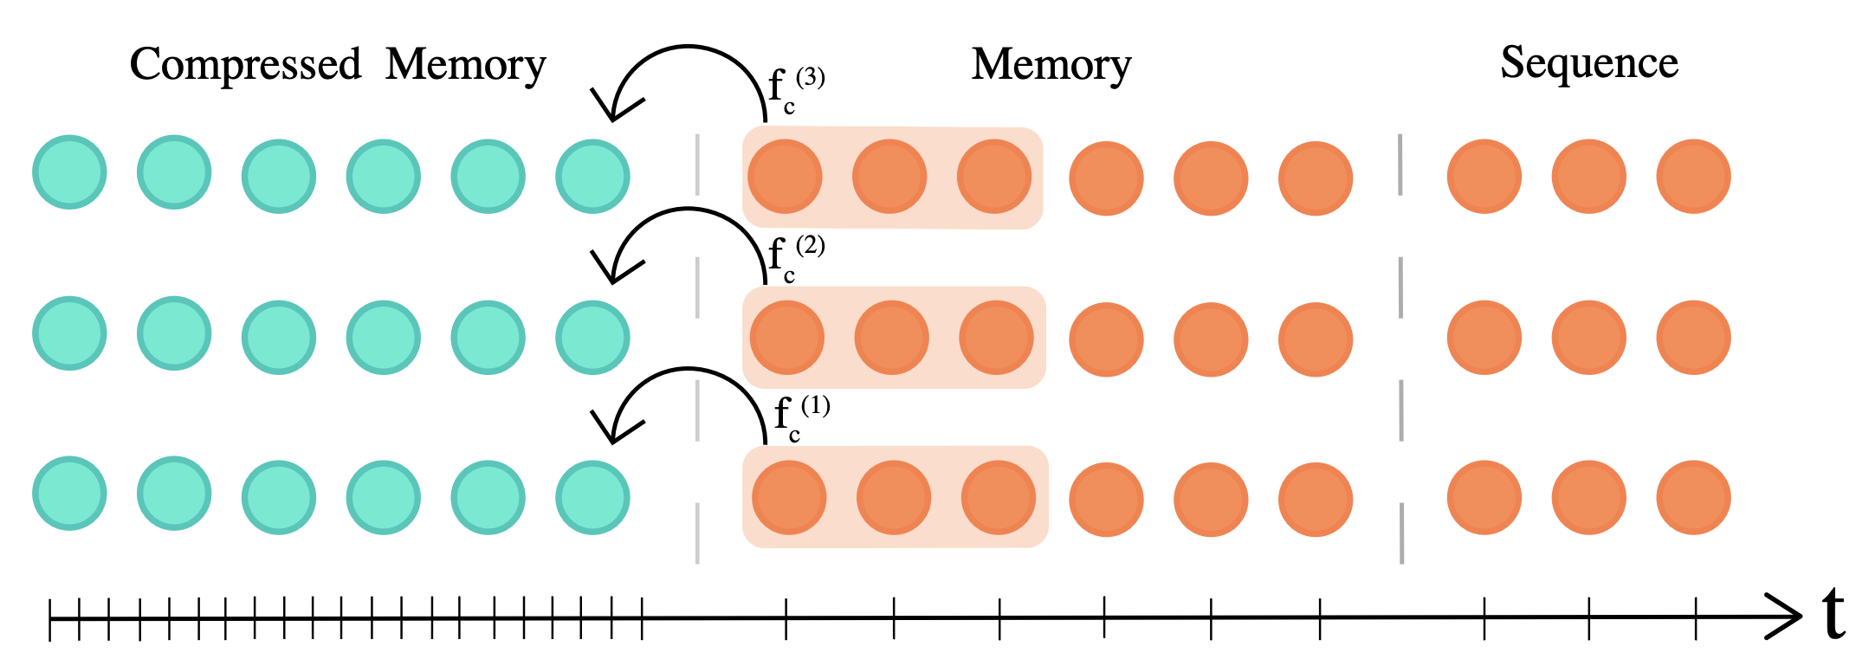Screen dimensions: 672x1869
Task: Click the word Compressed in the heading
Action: click(x=245, y=65)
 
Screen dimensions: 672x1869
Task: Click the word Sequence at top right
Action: click(x=1589, y=63)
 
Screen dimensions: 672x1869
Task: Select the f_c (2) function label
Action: click(x=795, y=258)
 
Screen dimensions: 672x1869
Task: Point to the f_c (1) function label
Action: click(x=800, y=418)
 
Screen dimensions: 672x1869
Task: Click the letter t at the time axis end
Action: click(x=1833, y=613)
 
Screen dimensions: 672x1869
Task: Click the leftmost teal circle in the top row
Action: click(x=69, y=172)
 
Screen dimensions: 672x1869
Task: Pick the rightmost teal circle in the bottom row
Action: click(x=592, y=497)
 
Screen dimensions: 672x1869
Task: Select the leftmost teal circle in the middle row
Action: click(x=69, y=333)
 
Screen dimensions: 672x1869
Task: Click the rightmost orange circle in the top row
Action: click(x=1693, y=177)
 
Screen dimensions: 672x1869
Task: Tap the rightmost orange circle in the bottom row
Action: click(x=1693, y=497)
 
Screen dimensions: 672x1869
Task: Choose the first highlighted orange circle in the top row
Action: click(x=785, y=177)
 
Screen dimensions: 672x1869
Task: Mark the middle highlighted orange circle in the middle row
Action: click(x=891, y=338)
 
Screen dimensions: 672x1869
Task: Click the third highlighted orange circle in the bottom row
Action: click(x=998, y=497)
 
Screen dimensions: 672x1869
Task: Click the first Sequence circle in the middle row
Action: click(x=1484, y=338)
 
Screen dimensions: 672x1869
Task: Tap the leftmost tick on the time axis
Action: click(x=50, y=618)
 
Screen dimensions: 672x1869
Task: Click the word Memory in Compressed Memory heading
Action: click(x=465, y=65)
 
